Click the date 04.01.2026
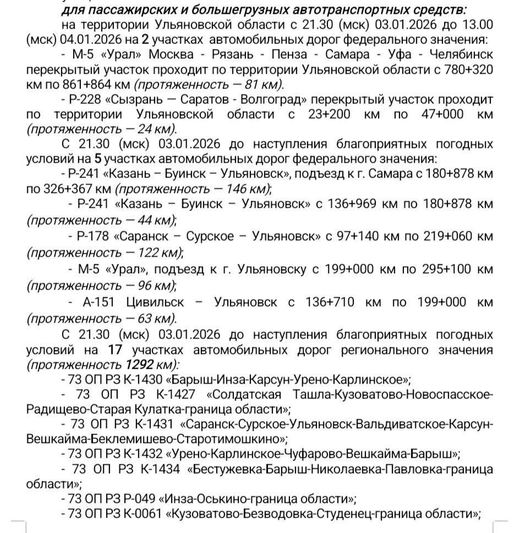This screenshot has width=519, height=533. tap(83, 40)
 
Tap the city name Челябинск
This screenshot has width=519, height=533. tap(459, 55)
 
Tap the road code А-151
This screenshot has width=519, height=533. tap(91, 302)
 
